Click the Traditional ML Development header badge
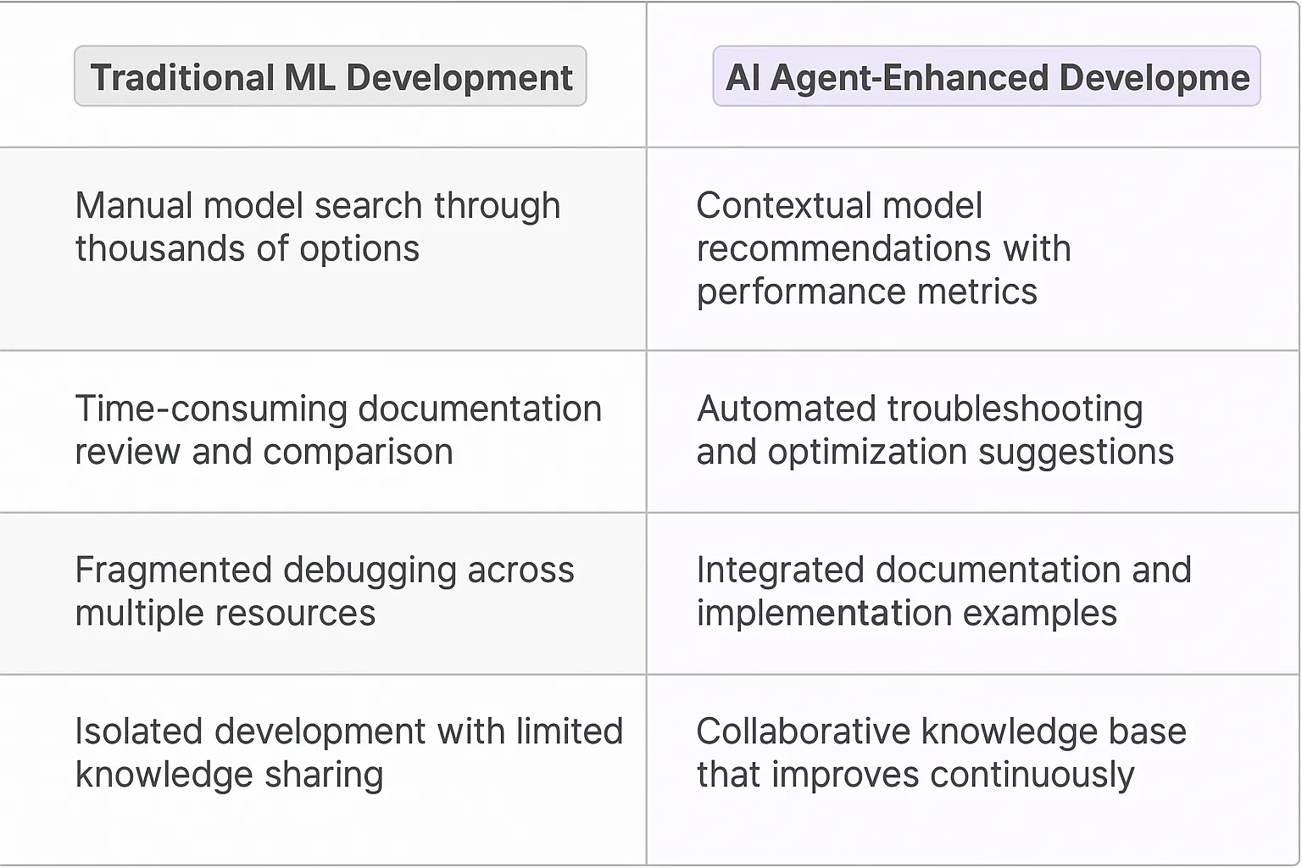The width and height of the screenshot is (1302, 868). (x=331, y=77)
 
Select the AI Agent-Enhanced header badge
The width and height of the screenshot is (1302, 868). (x=987, y=77)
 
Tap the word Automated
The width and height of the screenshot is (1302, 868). (x=786, y=409)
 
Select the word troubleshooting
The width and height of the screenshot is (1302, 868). (x=1015, y=409)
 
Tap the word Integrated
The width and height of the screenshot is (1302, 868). (x=779, y=570)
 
